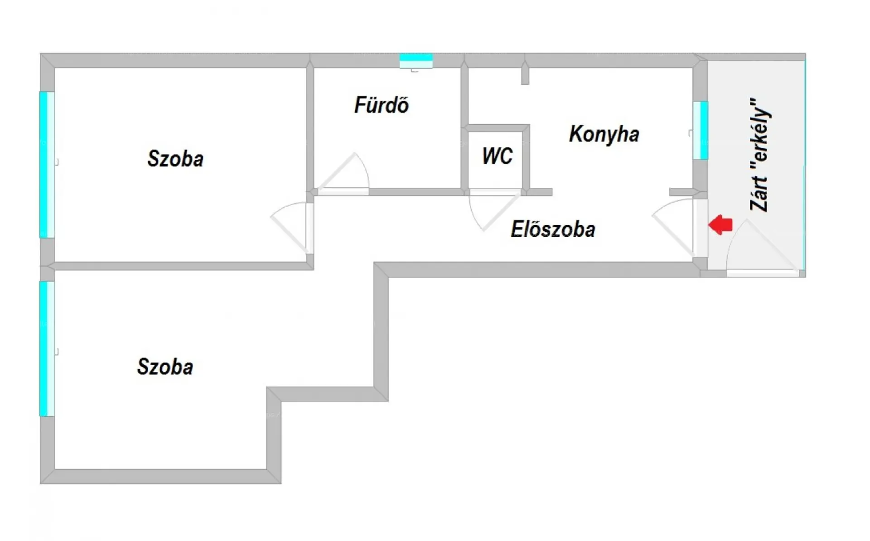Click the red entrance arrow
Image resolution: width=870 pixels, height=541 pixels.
pos(720,224)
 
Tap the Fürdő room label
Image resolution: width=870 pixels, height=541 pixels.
pos(381,105)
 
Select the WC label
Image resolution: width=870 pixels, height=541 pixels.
pos(497,156)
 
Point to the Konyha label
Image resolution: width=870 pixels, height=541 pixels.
pos(604,134)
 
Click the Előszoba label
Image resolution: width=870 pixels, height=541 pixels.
pos(553,229)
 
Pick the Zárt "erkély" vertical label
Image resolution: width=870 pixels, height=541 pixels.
pos(760,154)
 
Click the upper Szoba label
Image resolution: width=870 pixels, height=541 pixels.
pos(175,159)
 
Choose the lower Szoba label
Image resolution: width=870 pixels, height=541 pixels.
pos(165,367)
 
